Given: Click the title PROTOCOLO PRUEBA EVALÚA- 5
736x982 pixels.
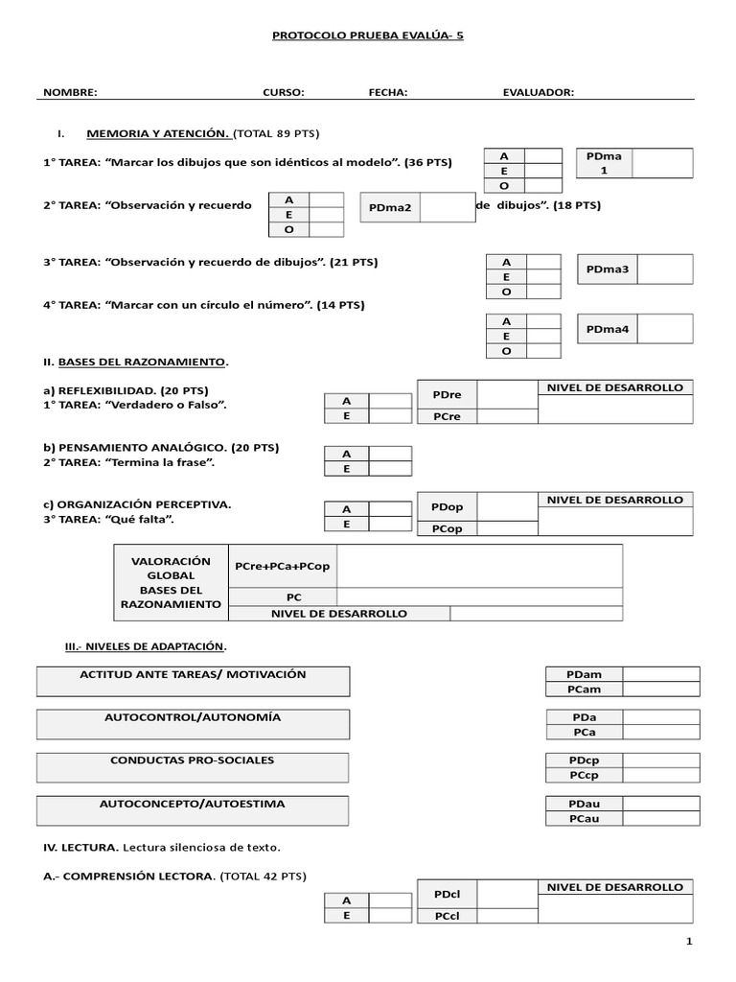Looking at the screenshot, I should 368,35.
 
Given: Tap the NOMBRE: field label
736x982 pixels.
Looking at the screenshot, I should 70,92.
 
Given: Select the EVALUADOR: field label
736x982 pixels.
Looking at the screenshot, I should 538,92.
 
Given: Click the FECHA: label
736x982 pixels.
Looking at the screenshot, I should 388,92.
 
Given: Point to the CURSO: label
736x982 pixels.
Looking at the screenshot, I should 284,92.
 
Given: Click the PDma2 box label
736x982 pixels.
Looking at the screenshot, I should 390,207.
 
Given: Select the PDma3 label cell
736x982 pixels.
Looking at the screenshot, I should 607,269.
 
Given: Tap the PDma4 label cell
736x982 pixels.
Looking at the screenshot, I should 607,329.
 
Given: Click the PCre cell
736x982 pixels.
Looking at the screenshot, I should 448,416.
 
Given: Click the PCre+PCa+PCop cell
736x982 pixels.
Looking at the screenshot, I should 282,566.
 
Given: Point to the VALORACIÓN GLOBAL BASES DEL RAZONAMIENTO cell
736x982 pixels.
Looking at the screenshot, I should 171,582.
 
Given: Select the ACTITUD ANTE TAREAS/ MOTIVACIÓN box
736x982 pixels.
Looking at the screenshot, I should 194,681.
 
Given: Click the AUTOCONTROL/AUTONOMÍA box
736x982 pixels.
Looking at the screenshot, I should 194,724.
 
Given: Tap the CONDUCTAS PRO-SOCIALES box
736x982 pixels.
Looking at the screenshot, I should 193,767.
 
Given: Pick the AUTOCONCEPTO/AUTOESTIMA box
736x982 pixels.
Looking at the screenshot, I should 193,810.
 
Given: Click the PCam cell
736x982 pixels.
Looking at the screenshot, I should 584,689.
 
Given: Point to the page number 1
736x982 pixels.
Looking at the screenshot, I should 688,942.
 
